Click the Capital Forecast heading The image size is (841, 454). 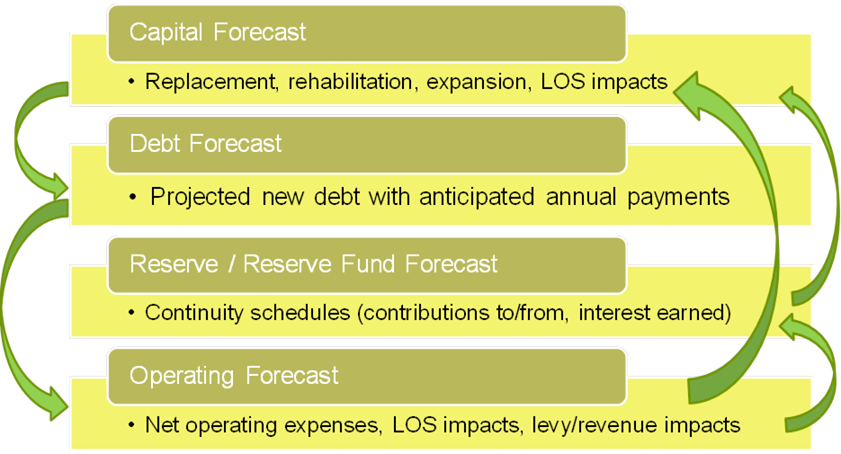218,32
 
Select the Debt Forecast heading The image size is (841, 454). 205,144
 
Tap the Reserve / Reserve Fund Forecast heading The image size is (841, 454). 313,264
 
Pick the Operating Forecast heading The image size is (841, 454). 234,376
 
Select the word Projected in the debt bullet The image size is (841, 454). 200,197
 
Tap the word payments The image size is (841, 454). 678,198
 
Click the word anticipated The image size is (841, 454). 477,198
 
